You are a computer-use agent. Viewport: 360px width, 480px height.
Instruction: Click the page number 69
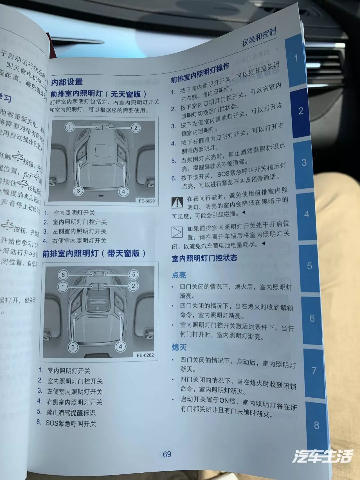point(167,454)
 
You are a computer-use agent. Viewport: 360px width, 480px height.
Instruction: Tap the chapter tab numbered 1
point(296,58)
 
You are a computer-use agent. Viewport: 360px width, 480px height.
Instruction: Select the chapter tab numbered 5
point(309,266)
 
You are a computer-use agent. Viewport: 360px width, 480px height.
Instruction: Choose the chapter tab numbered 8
point(316,425)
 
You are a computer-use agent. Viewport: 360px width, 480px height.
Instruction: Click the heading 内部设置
point(67,82)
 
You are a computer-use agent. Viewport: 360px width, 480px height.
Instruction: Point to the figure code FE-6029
point(147,201)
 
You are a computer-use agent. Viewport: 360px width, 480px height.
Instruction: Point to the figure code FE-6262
point(145,355)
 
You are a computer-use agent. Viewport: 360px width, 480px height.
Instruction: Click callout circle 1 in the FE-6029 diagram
point(69,127)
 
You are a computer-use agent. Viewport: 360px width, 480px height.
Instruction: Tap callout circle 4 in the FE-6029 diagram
point(123,191)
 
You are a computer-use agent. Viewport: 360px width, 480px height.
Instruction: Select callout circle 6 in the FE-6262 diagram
point(63,275)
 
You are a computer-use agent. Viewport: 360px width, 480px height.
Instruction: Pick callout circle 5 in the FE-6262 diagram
point(133,275)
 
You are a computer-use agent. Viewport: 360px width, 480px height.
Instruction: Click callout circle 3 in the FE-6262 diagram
point(73,347)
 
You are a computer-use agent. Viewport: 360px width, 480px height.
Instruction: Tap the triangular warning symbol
point(177,202)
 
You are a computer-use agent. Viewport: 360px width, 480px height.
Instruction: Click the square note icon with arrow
point(177,232)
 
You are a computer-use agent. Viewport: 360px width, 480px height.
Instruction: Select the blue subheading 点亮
point(179,275)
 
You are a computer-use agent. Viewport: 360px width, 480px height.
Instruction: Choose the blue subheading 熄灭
point(179,347)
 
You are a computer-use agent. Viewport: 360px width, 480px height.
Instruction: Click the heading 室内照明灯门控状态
point(204,258)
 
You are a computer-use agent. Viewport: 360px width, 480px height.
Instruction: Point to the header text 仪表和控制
point(259,37)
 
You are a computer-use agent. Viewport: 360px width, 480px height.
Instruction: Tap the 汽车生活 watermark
point(322,456)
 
